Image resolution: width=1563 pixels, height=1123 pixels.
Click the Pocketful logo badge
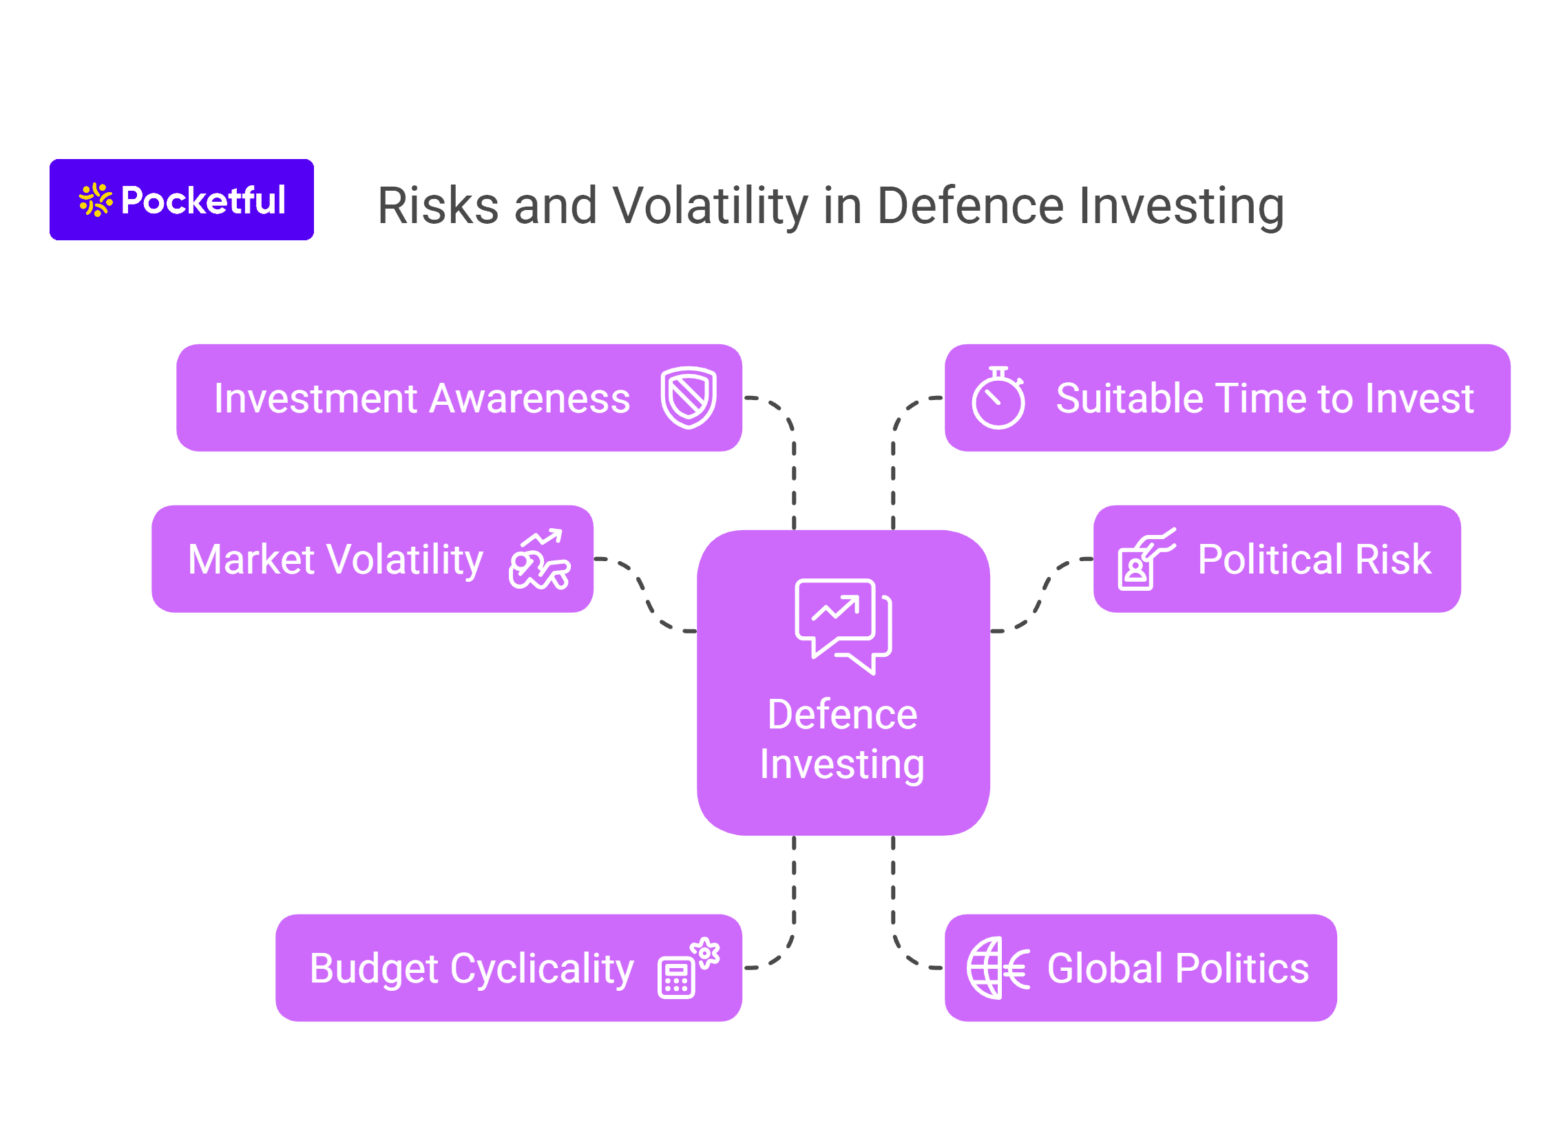(181, 200)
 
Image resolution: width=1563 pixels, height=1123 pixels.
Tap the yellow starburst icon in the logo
(95, 200)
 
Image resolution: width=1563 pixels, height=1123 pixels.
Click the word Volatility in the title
(710, 207)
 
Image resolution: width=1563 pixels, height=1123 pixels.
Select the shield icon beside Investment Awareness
(689, 398)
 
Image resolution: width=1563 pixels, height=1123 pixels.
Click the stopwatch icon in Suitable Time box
(998, 398)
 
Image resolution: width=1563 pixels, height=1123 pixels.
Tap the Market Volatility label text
(335, 559)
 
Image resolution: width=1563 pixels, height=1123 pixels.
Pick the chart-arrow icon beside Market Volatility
(540, 559)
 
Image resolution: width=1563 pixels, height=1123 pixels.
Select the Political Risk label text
(1314, 558)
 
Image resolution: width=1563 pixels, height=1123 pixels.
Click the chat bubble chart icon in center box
(843, 627)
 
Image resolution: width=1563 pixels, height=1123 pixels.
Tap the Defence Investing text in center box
(842, 739)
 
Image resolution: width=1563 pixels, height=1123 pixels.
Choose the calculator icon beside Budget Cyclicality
(689, 968)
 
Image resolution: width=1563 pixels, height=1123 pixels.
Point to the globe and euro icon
(998, 968)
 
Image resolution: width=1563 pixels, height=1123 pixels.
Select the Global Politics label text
(1178, 968)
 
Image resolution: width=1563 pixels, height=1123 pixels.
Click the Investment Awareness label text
(422, 398)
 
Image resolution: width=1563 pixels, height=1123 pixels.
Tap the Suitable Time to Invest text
(1265, 398)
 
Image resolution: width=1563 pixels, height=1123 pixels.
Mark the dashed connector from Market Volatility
(645, 597)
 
